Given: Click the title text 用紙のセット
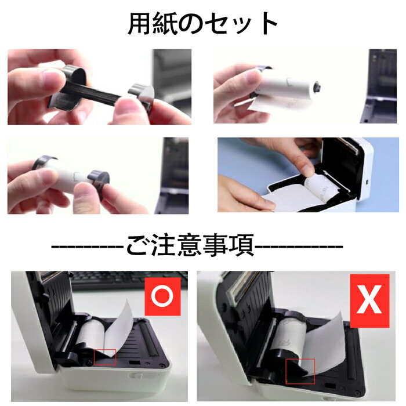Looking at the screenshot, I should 202,24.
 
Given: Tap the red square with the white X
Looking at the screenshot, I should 369,302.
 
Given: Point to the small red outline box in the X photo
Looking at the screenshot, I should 300,371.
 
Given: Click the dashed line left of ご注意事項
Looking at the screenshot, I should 87,247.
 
